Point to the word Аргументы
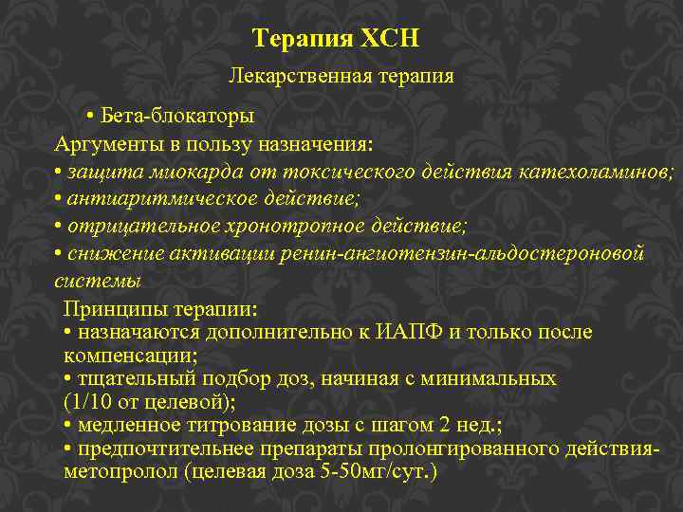coord(99,144)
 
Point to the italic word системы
coord(98,282)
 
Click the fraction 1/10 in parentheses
coord(91,402)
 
